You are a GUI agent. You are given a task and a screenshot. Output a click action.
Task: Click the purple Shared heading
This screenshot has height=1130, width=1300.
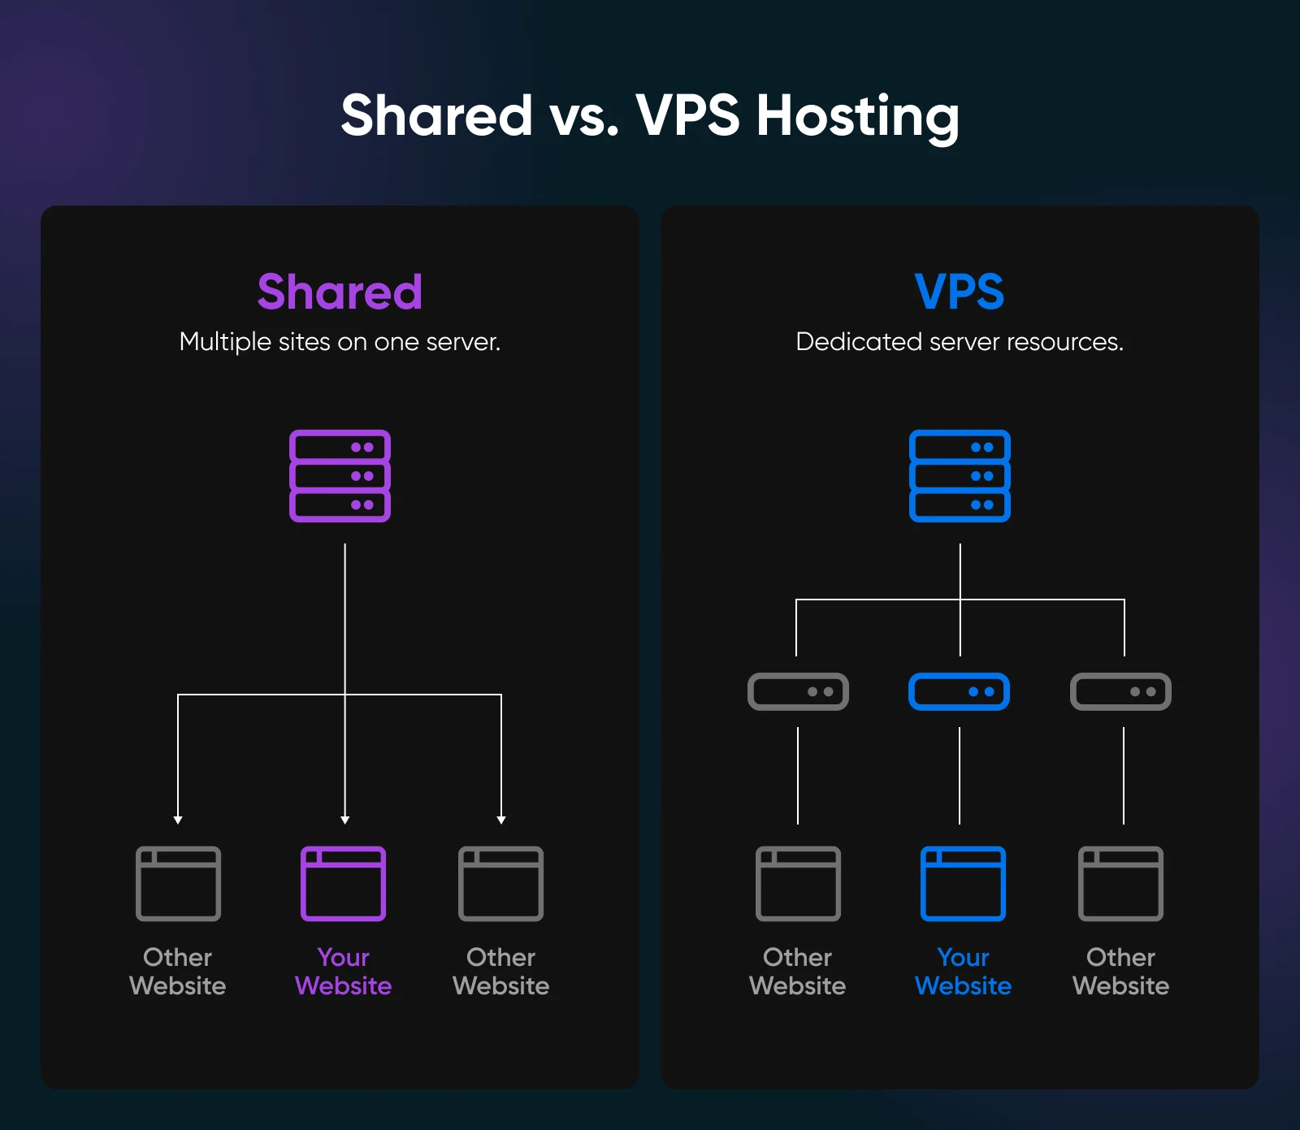pos(340,292)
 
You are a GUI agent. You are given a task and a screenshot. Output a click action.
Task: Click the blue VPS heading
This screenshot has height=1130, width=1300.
pos(960,292)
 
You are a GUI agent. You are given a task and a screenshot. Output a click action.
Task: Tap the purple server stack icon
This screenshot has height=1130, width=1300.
pos(340,476)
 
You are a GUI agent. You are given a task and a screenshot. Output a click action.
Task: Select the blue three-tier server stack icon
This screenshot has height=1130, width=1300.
pos(960,476)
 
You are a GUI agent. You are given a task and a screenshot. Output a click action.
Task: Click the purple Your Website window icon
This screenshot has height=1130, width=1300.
pos(343,884)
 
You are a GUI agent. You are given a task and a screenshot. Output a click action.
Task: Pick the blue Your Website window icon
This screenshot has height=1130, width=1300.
pos(963,884)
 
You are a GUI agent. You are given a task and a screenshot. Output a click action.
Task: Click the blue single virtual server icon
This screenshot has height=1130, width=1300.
pos(960,691)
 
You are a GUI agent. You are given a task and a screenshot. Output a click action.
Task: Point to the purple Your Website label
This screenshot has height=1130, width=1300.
pos(343,972)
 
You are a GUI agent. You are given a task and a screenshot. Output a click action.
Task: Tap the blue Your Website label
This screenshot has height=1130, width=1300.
pos(963,972)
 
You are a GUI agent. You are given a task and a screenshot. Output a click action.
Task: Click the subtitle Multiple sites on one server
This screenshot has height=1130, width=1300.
pos(340,342)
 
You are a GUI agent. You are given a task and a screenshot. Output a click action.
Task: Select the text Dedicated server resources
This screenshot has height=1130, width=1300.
pos(960,342)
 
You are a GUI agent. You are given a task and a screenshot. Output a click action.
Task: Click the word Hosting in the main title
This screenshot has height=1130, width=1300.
pos(857,116)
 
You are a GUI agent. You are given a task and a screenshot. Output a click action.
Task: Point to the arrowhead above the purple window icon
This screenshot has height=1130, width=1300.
pos(345,820)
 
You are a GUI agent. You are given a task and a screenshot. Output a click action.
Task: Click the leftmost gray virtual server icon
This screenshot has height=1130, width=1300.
pos(798,691)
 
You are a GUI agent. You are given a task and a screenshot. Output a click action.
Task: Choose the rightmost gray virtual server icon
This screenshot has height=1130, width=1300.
pos(1120,691)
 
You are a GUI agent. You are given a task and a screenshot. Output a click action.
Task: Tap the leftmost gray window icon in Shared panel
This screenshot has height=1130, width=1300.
pos(178,884)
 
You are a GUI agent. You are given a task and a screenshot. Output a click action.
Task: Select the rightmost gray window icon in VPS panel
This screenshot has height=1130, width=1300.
pos(1120,884)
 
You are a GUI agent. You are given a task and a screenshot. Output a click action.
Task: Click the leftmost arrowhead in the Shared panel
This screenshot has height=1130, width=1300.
pos(178,820)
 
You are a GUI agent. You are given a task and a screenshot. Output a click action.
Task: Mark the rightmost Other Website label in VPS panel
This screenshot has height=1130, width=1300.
pos(1120,972)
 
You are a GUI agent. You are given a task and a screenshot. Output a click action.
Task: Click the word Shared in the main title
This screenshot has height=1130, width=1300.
pos(436,116)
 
